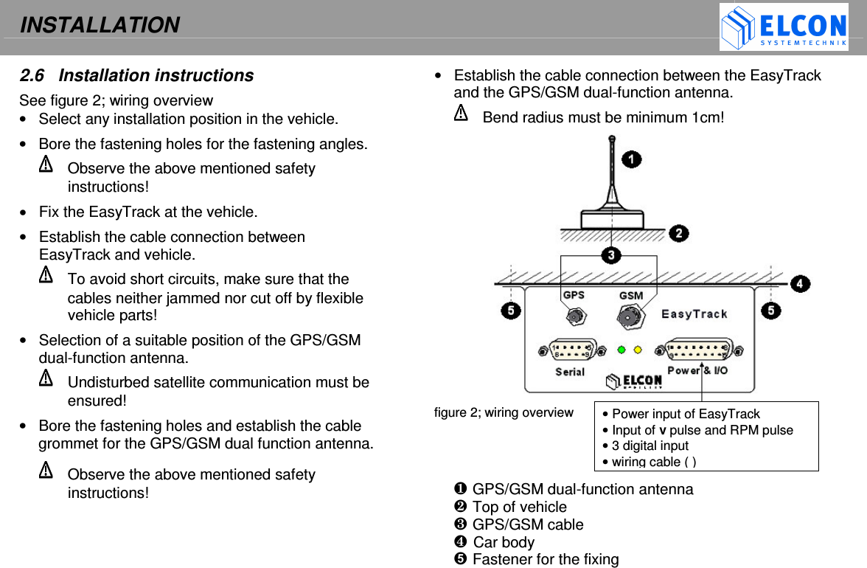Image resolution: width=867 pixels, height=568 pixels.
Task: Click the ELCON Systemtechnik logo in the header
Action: [x=783, y=28]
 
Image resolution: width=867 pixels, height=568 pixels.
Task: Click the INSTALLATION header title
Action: [x=100, y=25]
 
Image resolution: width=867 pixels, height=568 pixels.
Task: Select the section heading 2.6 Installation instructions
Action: [x=136, y=75]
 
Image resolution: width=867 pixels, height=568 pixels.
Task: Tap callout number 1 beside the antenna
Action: [x=631, y=159]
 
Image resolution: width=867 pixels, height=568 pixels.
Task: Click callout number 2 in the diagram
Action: [x=678, y=233]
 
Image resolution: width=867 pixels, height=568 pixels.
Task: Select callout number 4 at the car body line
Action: [x=800, y=283]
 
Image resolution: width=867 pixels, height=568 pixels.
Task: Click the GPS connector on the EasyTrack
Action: [x=575, y=316]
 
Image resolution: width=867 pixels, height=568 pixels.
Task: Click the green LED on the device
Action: [x=621, y=350]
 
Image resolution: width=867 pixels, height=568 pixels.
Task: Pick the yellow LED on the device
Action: [x=638, y=350]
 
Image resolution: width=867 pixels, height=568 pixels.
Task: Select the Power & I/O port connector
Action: [x=698, y=350]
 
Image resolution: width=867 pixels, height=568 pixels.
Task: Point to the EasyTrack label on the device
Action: [x=694, y=314]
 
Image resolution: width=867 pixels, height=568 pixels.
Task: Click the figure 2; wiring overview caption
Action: [x=504, y=412]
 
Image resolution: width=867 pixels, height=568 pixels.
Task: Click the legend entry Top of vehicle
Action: [x=519, y=507]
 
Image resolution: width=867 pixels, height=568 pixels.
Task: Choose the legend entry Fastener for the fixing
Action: [x=545, y=559]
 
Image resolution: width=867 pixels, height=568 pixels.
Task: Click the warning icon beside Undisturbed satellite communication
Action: [x=46, y=378]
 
